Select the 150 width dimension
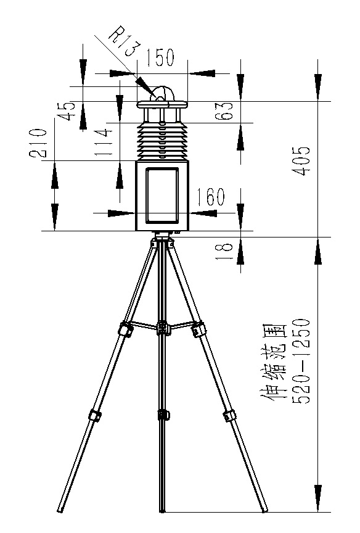(160, 57)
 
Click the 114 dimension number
(104, 142)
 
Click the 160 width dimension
(211, 196)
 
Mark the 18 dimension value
(224, 250)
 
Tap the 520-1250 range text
(301, 361)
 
